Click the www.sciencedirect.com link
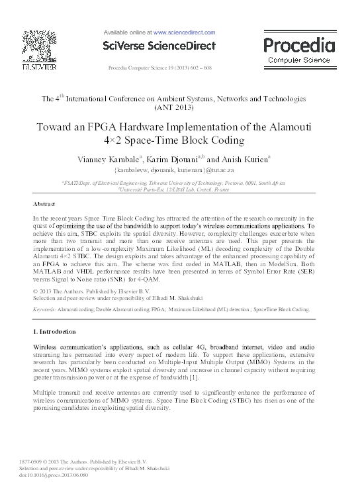pos(184,32)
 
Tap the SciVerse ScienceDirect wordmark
pos(159,46)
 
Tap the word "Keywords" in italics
pos(44,309)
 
